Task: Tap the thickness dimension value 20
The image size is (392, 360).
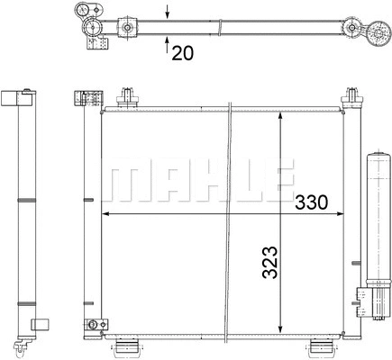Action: (x=183, y=52)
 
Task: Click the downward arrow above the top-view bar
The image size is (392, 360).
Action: (x=169, y=12)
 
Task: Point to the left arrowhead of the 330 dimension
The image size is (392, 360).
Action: (x=106, y=214)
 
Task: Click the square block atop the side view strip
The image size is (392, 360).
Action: (x=11, y=97)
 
